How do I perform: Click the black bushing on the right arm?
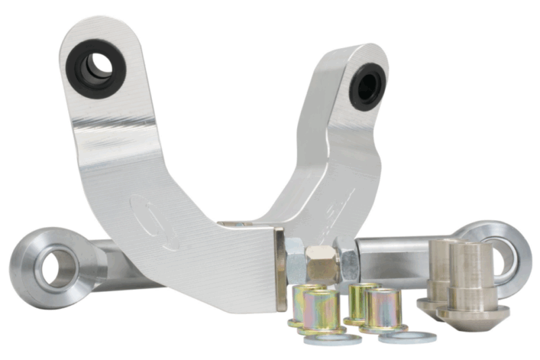pyautogui.click(x=367, y=86)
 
